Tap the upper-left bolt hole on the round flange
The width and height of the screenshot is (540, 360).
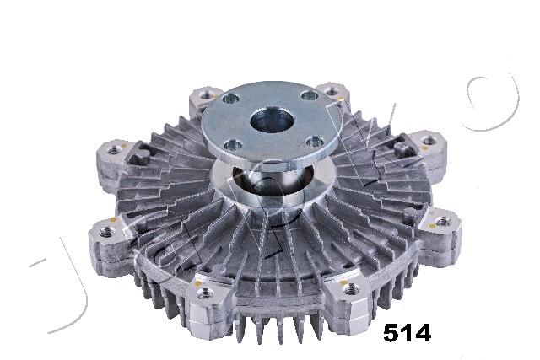tap(230, 99)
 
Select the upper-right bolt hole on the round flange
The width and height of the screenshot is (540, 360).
tap(309, 95)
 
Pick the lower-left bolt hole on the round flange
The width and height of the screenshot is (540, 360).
tap(233, 145)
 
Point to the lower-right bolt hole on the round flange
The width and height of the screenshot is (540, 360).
tap(315, 141)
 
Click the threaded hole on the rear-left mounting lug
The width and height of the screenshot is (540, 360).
tap(207, 94)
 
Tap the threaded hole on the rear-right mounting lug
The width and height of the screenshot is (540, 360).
tap(332, 92)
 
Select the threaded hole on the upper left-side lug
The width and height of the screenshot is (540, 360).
tap(113, 150)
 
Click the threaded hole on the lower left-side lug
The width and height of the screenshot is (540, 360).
tap(106, 233)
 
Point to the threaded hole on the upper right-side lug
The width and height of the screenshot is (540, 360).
tap(427, 140)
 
